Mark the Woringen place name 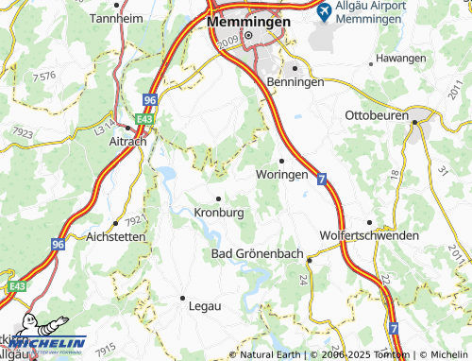click(x=281, y=175)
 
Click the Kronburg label click(x=218, y=213)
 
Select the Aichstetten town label click(x=116, y=237)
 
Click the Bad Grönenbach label click(x=258, y=256)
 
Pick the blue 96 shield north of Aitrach click(x=149, y=99)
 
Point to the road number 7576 click(x=43, y=76)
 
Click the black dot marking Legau click(x=182, y=297)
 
